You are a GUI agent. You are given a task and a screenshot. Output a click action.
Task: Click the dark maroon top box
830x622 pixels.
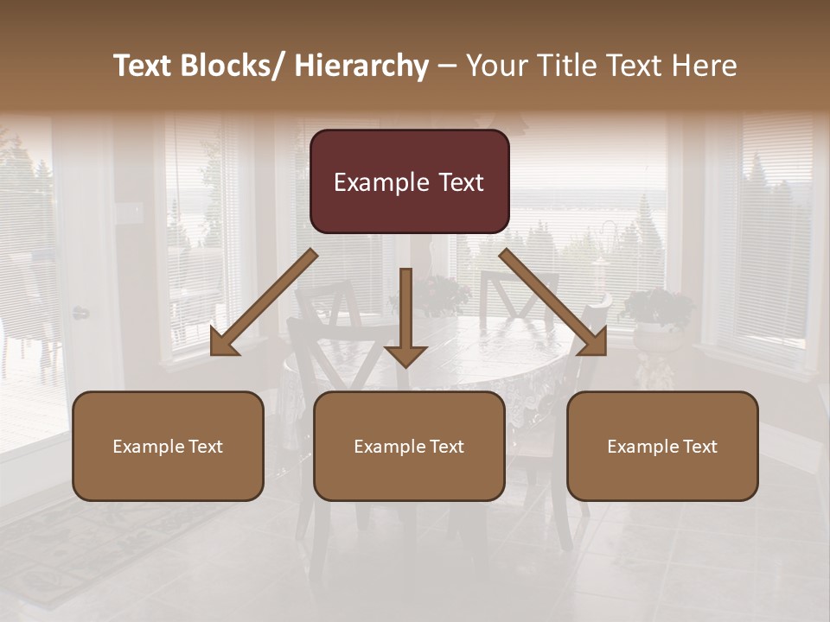point(409,181)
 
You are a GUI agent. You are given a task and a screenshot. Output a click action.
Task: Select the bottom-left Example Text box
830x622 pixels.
point(168,446)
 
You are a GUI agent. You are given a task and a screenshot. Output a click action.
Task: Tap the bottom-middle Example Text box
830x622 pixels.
point(409,446)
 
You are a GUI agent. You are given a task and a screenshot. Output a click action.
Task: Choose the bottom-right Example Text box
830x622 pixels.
point(662,446)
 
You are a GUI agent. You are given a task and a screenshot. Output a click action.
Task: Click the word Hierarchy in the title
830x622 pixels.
point(361,66)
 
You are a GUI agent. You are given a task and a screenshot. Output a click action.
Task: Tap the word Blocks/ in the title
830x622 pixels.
point(229,66)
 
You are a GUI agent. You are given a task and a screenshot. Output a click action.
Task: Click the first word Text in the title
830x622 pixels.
point(144,66)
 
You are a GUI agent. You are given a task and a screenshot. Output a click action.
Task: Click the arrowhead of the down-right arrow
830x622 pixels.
point(594,342)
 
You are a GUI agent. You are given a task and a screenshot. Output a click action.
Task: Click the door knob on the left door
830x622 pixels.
point(80,313)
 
